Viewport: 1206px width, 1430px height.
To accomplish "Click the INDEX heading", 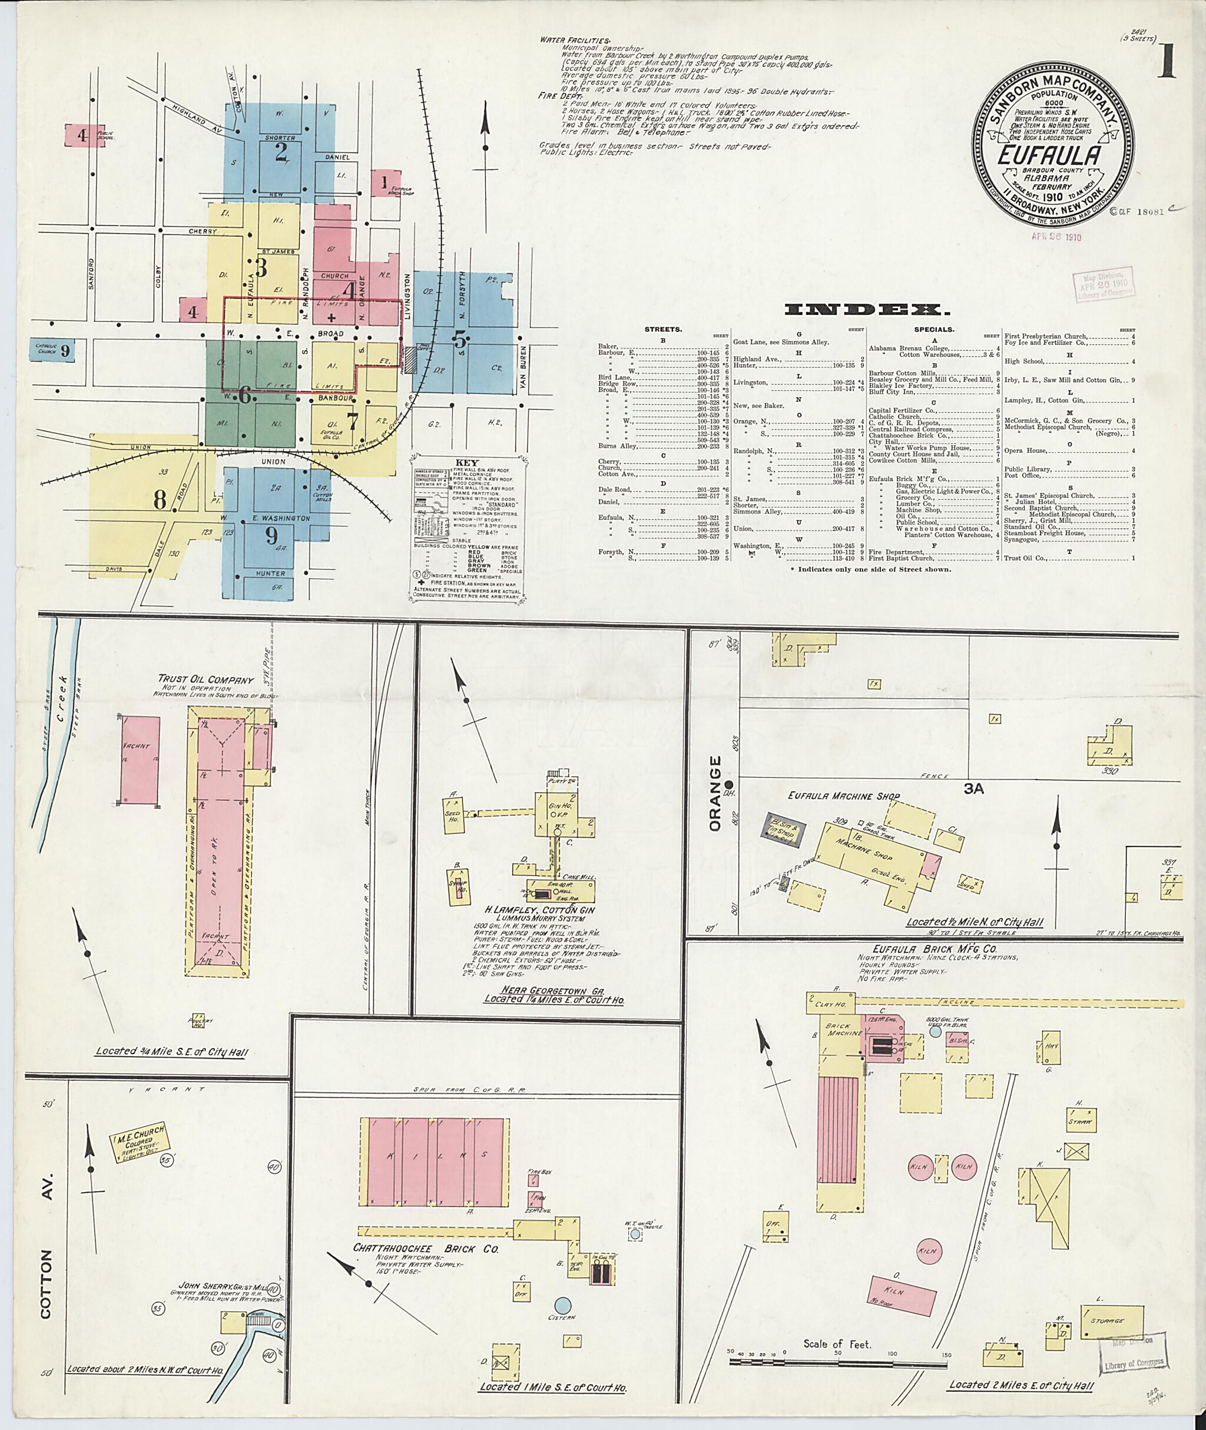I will click(867, 310).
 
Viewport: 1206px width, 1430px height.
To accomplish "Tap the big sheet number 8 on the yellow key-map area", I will click(160, 500).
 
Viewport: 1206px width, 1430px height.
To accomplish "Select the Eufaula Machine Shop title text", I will click(843, 797).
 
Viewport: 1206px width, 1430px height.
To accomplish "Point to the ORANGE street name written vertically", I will click(715, 793).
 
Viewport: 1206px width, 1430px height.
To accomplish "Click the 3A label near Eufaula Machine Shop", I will click(973, 789).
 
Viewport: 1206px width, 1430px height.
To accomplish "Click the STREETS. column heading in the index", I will click(662, 330).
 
